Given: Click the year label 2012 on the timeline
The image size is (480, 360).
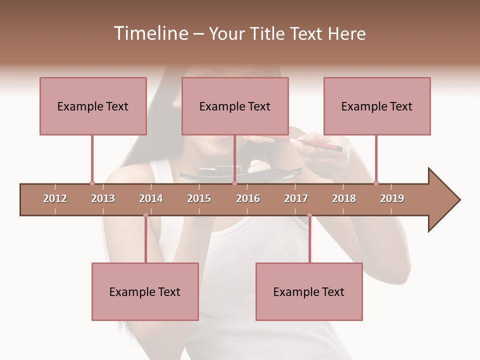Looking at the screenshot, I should (x=55, y=198).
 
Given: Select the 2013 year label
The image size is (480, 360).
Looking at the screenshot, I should (x=103, y=198).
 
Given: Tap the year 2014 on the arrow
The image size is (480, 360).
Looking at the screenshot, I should (x=151, y=198).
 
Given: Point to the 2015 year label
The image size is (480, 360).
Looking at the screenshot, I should (x=199, y=198).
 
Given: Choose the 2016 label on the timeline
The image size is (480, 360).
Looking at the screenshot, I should (x=248, y=198).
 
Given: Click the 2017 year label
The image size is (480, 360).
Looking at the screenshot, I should (x=296, y=198).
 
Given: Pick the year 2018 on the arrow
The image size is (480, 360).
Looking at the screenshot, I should (x=344, y=198).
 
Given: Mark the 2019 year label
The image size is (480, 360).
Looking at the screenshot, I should (x=392, y=198).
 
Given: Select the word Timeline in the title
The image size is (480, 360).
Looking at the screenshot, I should (x=149, y=33).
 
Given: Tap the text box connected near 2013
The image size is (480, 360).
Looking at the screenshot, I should (x=93, y=106).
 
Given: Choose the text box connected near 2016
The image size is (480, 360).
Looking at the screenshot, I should (x=235, y=106).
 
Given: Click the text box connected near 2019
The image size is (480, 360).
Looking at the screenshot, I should (x=377, y=106).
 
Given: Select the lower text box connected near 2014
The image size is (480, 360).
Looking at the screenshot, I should (x=145, y=291).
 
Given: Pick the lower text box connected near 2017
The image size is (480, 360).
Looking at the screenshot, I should (x=309, y=291).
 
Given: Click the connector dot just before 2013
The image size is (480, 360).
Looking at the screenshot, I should (x=92, y=183).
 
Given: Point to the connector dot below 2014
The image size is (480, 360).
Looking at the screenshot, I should (x=145, y=215).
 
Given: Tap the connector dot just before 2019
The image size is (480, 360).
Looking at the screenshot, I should (x=376, y=183).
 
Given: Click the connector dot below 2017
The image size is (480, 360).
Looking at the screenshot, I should (x=309, y=215).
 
